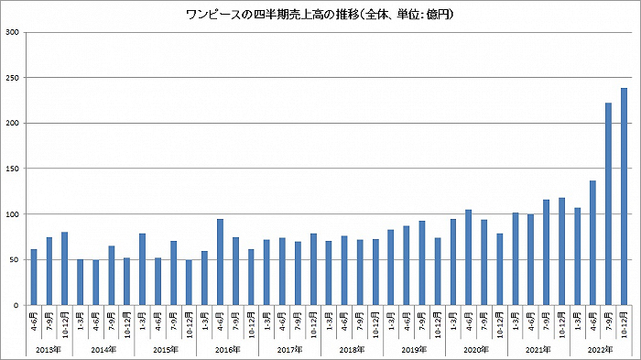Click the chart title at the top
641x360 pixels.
320,15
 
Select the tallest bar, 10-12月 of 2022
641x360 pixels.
624,196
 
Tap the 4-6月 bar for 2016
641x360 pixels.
220,262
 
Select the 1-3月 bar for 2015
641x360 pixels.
142,269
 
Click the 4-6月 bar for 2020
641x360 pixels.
468,257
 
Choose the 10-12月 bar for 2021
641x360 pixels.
561,251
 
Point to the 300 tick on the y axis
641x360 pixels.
14,33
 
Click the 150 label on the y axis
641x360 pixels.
14,169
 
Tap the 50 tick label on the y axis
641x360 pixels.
16,259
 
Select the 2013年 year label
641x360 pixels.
49,349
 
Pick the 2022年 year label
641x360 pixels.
600,349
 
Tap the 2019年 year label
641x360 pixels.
414,349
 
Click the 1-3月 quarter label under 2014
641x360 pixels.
81,322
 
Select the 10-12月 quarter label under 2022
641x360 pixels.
624,322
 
